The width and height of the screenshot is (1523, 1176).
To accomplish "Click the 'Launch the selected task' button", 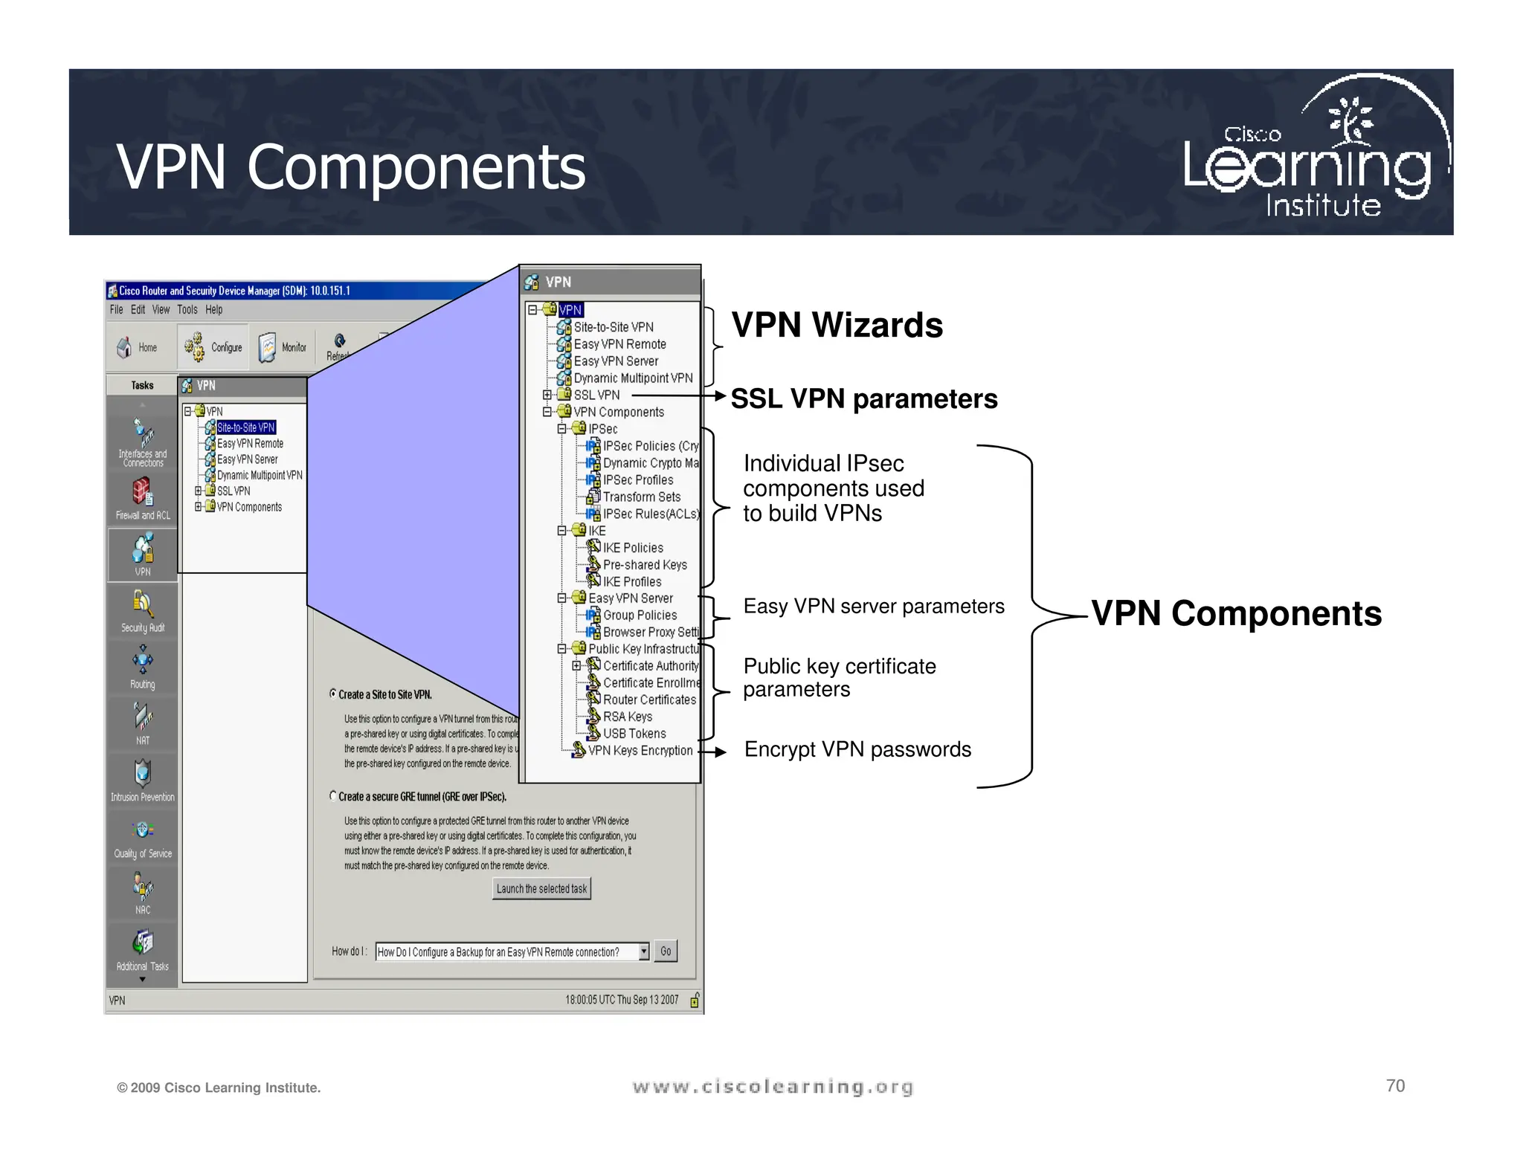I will coord(541,888).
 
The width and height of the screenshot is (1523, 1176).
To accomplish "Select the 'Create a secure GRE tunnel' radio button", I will coord(333,796).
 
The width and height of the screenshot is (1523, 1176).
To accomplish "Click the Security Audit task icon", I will coord(143,604).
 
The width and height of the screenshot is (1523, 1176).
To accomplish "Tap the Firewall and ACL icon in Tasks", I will coord(143,491).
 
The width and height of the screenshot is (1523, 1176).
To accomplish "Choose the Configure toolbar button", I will coord(214,347).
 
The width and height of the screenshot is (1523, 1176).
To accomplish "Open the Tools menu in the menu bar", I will coord(187,310).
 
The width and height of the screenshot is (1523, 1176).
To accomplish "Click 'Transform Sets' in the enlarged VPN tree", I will coord(641,497).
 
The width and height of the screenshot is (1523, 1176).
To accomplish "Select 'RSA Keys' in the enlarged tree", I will coord(627,717).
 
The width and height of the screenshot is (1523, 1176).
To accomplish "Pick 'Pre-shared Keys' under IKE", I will coord(644,565).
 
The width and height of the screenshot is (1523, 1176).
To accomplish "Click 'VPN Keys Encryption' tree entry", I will coord(640,751).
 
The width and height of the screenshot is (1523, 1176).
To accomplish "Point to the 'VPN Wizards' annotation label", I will coord(837,326).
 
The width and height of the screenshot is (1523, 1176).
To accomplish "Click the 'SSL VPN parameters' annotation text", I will coord(863,399).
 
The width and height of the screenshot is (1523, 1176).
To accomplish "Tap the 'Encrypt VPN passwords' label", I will coord(857,749).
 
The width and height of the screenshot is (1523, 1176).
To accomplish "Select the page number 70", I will coord(1395,1086).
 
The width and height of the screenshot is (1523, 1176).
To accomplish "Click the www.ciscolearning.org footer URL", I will coord(773,1088).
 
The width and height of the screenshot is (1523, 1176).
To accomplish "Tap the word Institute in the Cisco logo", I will coord(1323,206).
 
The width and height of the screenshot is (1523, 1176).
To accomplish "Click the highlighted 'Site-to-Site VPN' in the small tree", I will coord(245,427).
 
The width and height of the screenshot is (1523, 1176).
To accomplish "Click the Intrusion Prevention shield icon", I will coord(143,773).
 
